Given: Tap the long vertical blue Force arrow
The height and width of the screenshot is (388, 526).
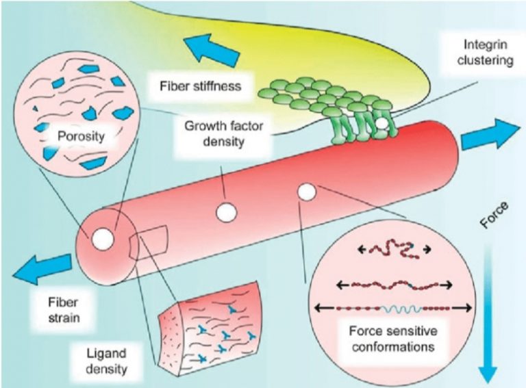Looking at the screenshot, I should click(488, 315).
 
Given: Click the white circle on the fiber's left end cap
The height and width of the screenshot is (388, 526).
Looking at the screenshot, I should click(103, 239).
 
